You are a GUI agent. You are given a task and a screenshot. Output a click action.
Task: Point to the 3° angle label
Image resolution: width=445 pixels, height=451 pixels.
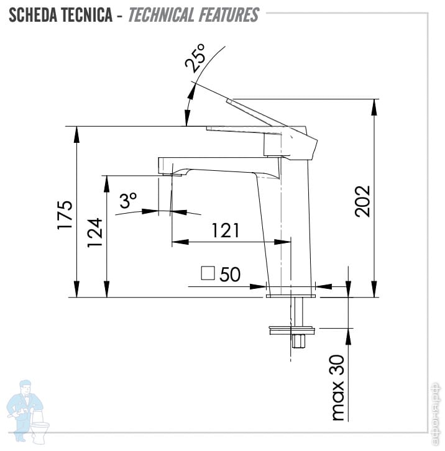(128, 201)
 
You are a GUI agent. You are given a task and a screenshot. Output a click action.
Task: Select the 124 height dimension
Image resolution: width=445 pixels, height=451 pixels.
(94, 233)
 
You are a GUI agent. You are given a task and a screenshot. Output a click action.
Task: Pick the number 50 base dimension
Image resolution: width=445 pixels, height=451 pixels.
(230, 274)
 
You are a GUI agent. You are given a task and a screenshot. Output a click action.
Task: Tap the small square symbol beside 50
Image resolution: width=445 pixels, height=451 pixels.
(208, 273)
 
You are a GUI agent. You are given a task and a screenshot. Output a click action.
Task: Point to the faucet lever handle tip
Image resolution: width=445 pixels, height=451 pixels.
(229, 101)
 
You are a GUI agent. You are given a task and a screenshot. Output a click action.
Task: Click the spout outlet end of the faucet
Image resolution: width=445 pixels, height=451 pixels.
(170, 173)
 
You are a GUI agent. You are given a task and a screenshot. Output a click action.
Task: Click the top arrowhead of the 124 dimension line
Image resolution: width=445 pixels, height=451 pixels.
(107, 181)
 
